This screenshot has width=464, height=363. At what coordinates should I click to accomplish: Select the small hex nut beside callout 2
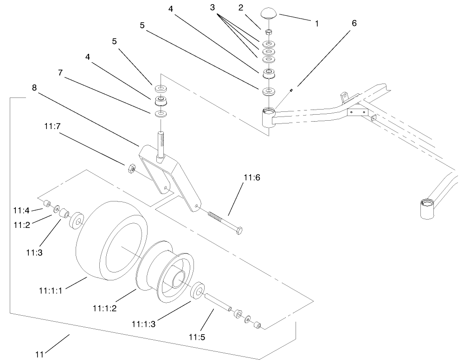coord(268,32)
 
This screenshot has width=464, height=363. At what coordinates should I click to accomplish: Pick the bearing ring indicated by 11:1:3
coord(199,291)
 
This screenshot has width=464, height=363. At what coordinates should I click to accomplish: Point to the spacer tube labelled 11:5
coord(219,302)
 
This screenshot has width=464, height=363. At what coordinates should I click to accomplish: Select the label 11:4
coord(20,211)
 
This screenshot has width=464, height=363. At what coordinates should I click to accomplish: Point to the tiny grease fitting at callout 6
coord(290,90)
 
